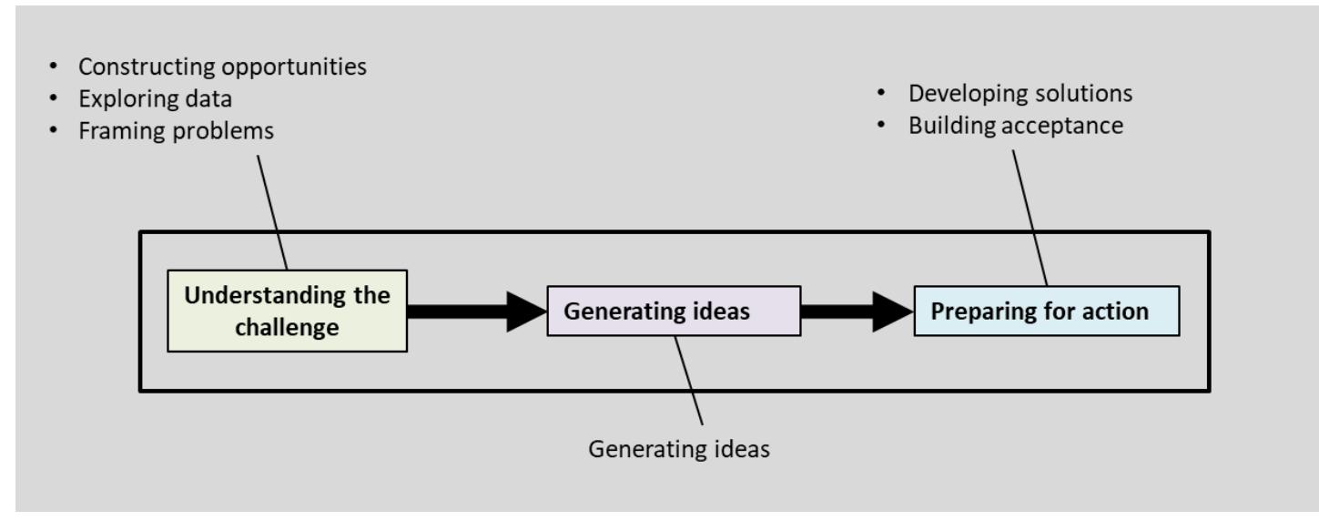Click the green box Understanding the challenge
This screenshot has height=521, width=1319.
pos(287,311)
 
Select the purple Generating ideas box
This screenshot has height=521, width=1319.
pos(673,312)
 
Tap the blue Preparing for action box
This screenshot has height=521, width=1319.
pos(1046,311)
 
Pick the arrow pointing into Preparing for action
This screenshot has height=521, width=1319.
pos(856,312)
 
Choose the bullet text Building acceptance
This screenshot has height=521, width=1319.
pos(1015,126)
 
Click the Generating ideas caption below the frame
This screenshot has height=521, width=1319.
pos(679,449)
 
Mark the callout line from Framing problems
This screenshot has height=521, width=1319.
pos(272,209)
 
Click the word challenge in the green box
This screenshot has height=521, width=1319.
pos(287,326)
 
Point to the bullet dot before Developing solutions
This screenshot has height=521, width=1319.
pos(880,96)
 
